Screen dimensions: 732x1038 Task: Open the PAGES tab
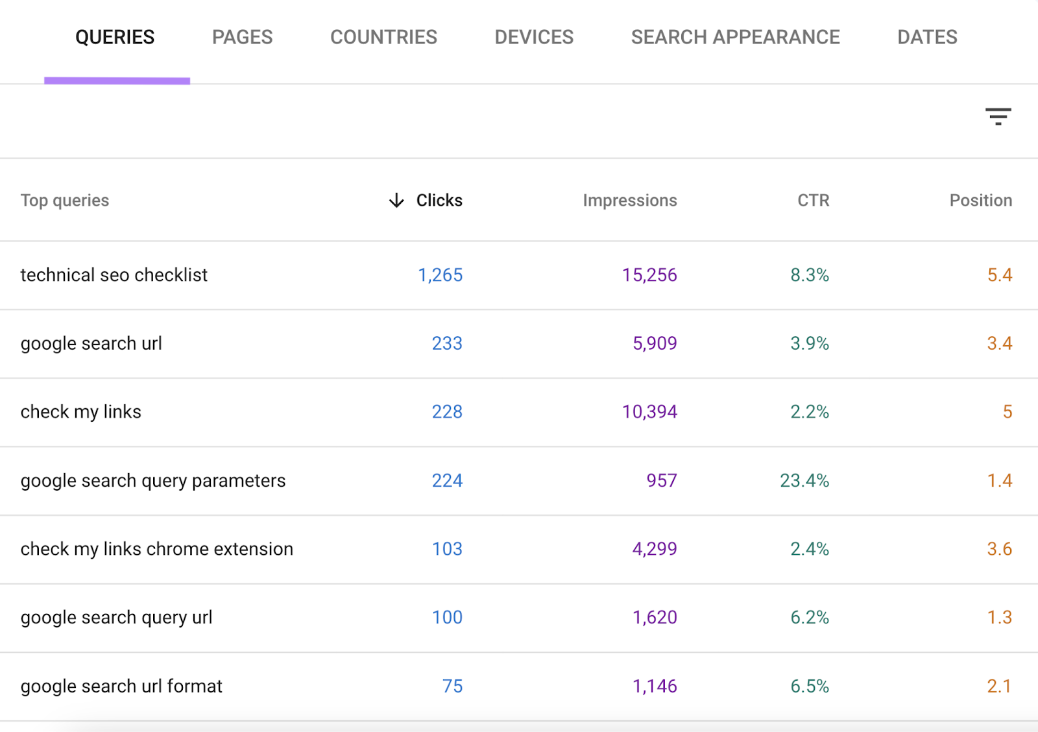pyautogui.click(x=242, y=37)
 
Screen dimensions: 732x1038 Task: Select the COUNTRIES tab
pyautogui.click(x=383, y=37)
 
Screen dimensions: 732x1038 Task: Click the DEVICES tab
pyautogui.click(x=534, y=37)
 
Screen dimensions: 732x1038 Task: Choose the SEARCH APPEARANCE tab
pyautogui.click(x=735, y=37)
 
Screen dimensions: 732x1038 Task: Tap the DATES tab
pyautogui.click(x=927, y=37)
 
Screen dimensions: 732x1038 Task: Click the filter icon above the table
pyautogui.click(x=998, y=117)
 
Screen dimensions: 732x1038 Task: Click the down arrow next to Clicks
pyautogui.click(x=396, y=201)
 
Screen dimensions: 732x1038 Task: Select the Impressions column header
pyautogui.click(x=629, y=201)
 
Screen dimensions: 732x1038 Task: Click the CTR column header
pyautogui.click(x=813, y=201)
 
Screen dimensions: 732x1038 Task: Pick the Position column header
pyautogui.click(x=980, y=201)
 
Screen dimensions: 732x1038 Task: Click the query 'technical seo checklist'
pyautogui.click(x=114, y=275)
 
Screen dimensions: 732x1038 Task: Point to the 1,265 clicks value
pyautogui.click(x=440, y=275)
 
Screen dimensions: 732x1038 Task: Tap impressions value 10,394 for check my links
pyautogui.click(x=649, y=412)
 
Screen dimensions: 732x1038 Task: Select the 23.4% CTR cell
pyautogui.click(x=804, y=481)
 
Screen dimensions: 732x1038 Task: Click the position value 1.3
pyautogui.click(x=999, y=618)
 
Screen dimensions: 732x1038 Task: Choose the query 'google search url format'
pyautogui.click(x=121, y=687)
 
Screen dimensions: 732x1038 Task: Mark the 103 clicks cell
pyautogui.click(x=447, y=549)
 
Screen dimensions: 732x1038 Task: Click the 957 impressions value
pyautogui.click(x=661, y=481)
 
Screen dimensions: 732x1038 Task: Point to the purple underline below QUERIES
pyautogui.click(x=117, y=81)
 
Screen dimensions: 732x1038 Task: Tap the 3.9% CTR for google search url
pyautogui.click(x=809, y=343)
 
